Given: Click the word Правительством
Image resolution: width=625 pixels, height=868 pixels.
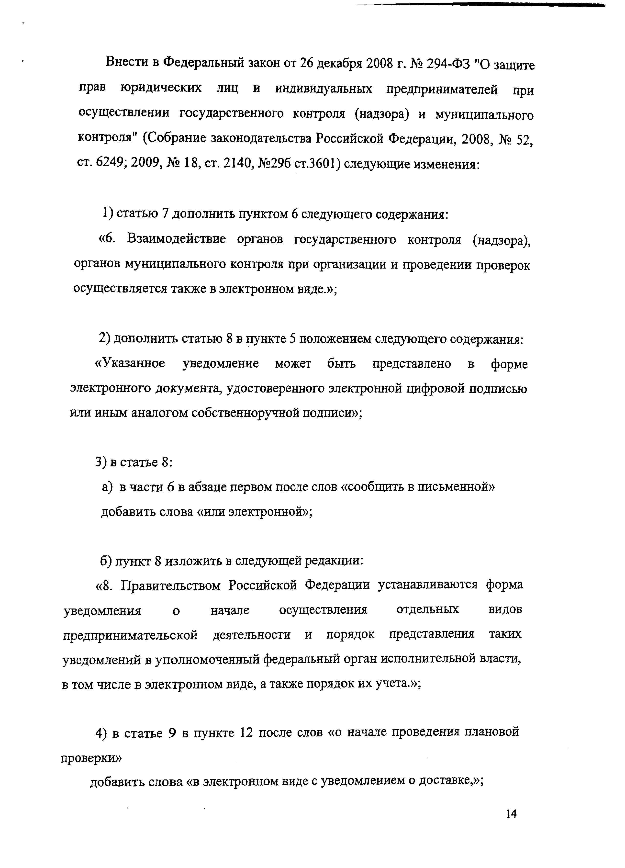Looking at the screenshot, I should pos(170,585).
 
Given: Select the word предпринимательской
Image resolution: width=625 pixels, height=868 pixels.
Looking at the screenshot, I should pos(130,635).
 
